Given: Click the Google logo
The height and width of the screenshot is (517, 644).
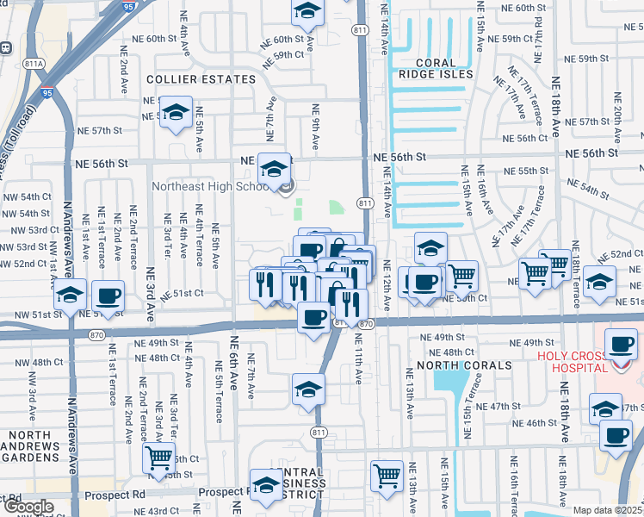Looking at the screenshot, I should [28, 507].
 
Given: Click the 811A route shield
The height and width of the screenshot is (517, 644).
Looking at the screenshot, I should [34, 63].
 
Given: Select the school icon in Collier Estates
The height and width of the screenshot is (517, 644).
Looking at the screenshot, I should [176, 112].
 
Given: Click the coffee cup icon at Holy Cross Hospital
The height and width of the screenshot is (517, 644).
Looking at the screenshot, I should [621, 344].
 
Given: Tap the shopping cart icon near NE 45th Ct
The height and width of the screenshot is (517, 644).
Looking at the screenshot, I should [158, 458].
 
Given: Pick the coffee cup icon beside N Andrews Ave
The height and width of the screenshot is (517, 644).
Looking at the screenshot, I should [108, 296].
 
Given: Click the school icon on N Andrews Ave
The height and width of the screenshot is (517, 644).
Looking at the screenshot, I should [70, 296].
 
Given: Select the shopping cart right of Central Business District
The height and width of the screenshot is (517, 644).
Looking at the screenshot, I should [387, 475].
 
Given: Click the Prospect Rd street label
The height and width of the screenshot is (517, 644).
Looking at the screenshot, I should [115, 495].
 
